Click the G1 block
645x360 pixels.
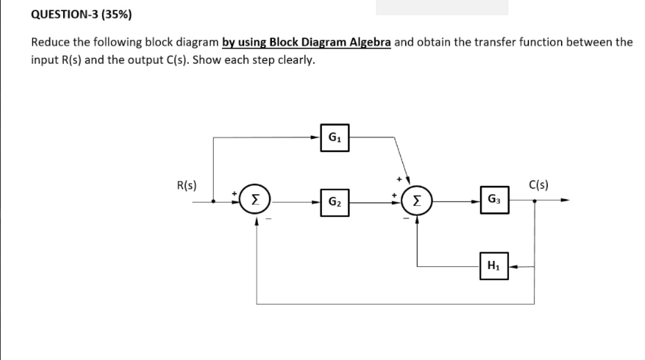(334, 138)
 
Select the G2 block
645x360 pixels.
(334, 202)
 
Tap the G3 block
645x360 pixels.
(494, 202)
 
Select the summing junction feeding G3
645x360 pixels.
(416, 202)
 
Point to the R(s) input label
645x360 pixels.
(187, 186)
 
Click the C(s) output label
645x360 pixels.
(539, 186)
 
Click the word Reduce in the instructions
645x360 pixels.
(50, 42)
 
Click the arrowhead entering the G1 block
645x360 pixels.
(316, 138)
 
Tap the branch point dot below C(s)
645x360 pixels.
(534, 202)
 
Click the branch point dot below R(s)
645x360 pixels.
(214, 202)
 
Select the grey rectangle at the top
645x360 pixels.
(442, 7)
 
